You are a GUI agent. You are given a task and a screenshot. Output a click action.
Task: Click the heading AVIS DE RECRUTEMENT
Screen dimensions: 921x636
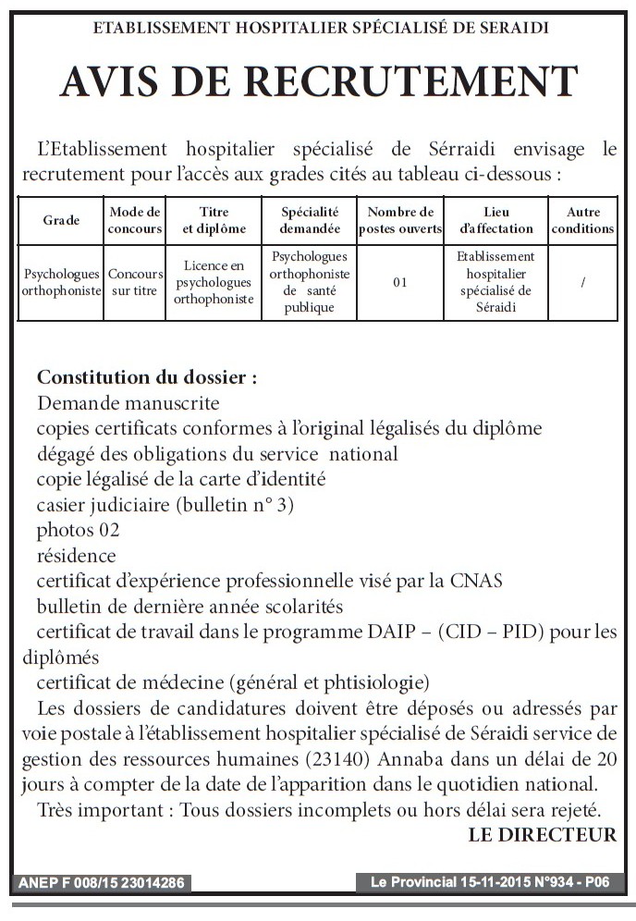click(x=318, y=81)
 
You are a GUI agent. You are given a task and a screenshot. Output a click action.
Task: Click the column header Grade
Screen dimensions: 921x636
click(x=61, y=220)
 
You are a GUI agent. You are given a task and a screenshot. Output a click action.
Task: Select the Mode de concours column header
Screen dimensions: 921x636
click(x=135, y=220)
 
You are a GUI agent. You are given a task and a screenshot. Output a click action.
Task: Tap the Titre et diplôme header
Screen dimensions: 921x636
click(x=214, y=220)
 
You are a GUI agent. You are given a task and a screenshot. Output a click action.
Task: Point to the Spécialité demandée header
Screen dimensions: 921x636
click(x=310, y=220)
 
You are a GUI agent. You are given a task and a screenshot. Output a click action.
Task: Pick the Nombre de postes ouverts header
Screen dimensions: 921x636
click(x=400, y=220)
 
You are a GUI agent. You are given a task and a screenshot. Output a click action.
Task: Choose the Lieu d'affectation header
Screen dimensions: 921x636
click(x=495, y=220)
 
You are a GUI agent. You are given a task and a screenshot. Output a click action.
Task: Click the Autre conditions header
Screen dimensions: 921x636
click(x=582, y=220)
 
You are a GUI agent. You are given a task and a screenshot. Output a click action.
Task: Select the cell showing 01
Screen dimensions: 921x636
click(x=400, y=282)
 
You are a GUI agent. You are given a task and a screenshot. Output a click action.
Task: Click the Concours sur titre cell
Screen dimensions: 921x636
click(x=135, y=282)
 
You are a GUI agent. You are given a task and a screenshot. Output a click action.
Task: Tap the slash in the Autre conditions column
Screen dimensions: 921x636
click(x=582, y=282)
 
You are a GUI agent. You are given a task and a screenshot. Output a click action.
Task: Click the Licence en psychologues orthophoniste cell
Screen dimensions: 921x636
click(x=214, y=282)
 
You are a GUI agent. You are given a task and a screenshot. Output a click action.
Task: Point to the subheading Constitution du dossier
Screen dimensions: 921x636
click(x=146, y=378)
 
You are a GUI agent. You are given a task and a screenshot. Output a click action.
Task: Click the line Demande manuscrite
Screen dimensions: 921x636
click(x=128, y=403)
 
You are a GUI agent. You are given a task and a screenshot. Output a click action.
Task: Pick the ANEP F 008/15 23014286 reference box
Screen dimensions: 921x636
click(x=102, y=883)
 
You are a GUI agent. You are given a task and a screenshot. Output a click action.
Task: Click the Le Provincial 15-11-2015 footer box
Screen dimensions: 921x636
click(x=489, y=883)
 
